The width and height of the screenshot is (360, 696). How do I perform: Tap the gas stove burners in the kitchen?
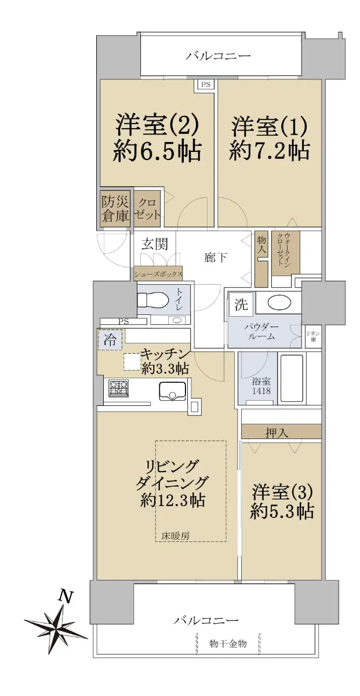pos(118,388)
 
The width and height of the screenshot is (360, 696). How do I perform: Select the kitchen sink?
pos(172,391)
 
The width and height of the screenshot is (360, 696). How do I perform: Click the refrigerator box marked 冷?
pos(110,339)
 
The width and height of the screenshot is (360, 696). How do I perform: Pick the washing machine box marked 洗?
pos(241,304)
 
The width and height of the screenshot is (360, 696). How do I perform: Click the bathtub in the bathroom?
pos(292,378)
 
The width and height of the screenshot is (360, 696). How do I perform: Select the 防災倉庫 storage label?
pos(115,210)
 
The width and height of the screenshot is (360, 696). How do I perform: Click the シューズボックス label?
pos(158,274)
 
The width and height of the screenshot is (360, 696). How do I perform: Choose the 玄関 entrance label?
pos(154,244)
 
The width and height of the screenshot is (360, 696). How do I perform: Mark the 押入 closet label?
pos(277,433)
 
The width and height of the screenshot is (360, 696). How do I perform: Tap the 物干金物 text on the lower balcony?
pos(228,643)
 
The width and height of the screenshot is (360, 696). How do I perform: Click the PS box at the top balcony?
pos(206,84)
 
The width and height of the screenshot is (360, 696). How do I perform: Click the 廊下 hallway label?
pos(216,258)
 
